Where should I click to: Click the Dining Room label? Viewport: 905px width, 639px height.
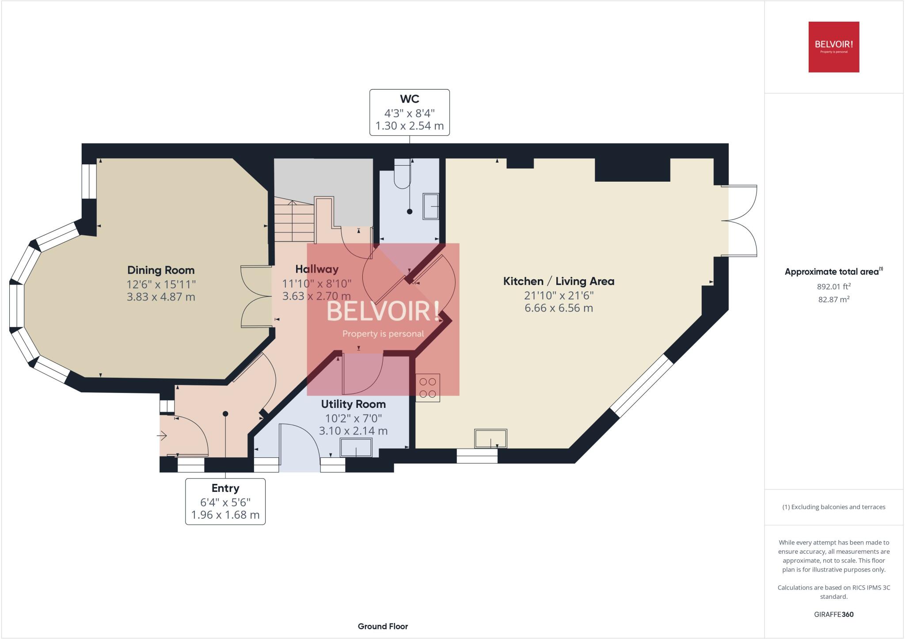point(161,270)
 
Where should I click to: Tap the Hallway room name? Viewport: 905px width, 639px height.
point(317,269)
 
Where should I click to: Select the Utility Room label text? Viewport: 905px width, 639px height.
point(353,404)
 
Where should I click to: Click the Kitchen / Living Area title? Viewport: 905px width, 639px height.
point(559,281)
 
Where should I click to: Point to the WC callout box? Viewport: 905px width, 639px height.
point(409,112)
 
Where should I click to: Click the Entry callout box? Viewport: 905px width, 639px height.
point(225,502)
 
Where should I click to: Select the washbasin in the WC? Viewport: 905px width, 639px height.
point(430,206)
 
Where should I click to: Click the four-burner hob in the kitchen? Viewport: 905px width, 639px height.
point(427,388)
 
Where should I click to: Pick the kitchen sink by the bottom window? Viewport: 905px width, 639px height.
point(491,438)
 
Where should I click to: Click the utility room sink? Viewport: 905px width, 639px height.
point(356,448)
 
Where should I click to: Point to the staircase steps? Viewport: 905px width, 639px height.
point(294,221)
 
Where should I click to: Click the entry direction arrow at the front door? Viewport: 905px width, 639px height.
point(162,436)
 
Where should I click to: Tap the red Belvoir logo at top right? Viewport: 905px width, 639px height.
point(833,47)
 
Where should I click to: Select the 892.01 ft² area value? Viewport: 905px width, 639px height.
point(833,286)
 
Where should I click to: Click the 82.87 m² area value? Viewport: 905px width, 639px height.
point(833,299)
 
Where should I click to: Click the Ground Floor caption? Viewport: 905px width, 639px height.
point(383,626)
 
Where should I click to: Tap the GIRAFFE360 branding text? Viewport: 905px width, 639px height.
point(833,614)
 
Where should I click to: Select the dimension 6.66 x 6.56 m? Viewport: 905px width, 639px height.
point(559,308)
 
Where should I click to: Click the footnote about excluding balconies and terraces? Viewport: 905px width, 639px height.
point(833,507)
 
